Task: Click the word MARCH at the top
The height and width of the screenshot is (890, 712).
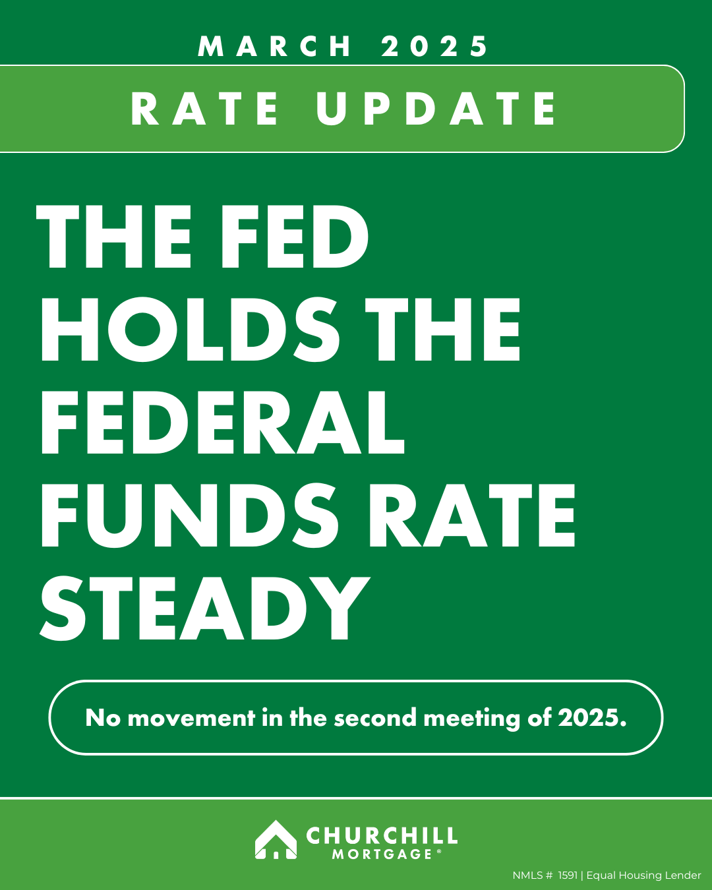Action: [274, 46]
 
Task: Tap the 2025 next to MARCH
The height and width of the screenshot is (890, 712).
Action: [434, 46]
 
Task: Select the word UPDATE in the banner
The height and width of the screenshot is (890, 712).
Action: [436, 108]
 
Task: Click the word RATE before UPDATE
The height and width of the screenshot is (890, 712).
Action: [205, 108]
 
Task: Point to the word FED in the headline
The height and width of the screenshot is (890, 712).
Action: [295, 236]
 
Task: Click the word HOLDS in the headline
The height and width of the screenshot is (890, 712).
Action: [191, 329]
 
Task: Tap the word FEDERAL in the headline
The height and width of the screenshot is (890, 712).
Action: [223, 422]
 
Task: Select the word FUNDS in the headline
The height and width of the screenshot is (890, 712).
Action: [190, 516]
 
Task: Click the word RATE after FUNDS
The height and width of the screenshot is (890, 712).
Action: [472, 516]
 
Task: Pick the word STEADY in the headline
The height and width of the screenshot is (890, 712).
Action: [204, 608]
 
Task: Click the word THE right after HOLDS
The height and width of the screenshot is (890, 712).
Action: [442, 329]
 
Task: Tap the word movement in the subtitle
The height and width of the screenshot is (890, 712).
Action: [191, 717]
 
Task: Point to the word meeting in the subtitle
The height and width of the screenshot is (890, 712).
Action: [472, 719]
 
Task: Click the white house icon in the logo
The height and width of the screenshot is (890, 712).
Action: [276, 839]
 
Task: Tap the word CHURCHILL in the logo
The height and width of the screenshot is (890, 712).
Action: [382, 835]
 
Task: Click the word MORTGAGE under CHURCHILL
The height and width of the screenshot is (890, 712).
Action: [382, 854]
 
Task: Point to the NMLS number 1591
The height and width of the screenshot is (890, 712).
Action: [567, 875]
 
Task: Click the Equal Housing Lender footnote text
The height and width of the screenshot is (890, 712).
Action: [643, 875]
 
